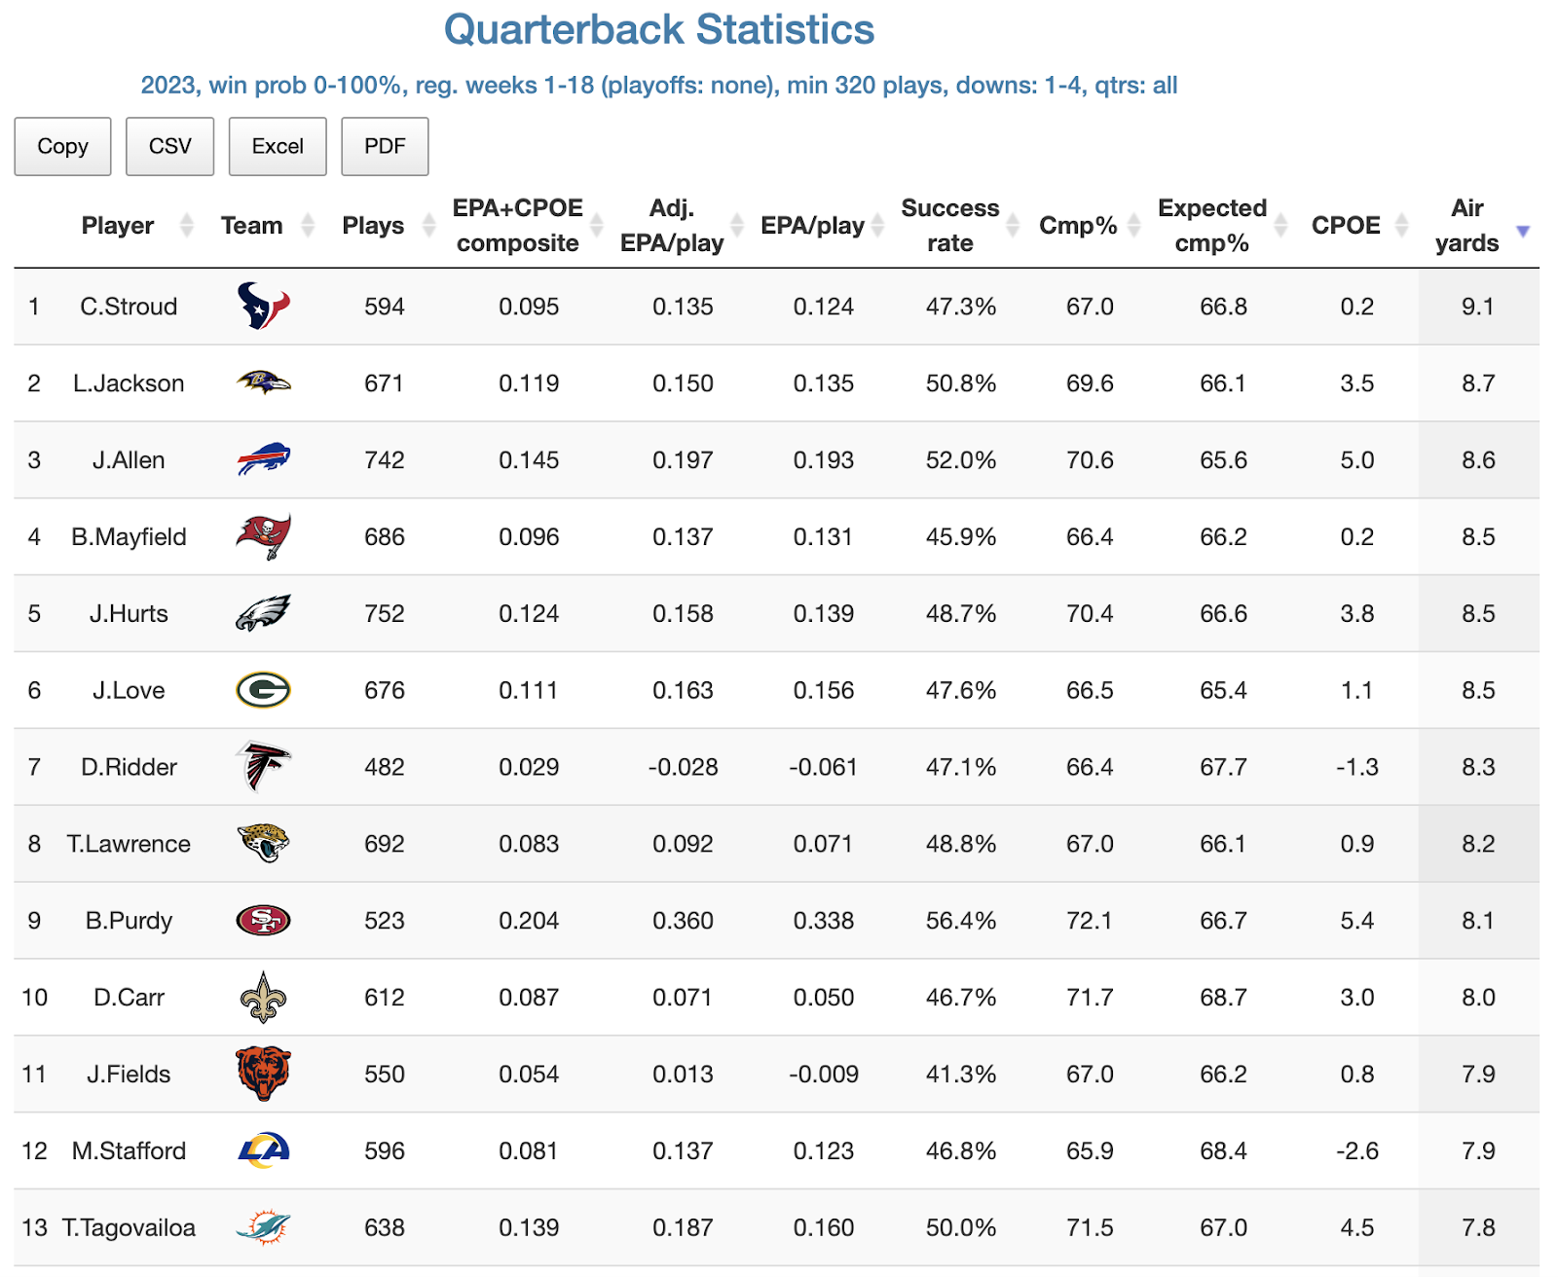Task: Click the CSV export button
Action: click(169, 146)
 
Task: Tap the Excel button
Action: click(278, 146)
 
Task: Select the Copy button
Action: click(62, 146)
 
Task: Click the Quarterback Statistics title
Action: click(659, 29)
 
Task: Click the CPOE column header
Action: click(1346, 226)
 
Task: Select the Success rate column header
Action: click(949, 226)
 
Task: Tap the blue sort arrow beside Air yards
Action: click(1523, 231)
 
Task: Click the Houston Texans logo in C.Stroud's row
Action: click(263, 307)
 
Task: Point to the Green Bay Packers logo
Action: click(263, 690)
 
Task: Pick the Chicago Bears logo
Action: click(263, 1074)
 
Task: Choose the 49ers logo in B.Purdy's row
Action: click(263, 920)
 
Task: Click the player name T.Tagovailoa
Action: click(129, 1227)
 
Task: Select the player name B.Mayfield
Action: click(129, 536)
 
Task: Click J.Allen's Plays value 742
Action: click(384, 459)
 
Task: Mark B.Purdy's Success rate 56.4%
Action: click(960, 920)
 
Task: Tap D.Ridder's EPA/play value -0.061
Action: click(823, 767)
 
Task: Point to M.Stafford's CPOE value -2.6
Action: click(1356, 1150)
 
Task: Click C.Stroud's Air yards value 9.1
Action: click(1477, 307)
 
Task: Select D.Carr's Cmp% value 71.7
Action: click(1089, 997)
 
